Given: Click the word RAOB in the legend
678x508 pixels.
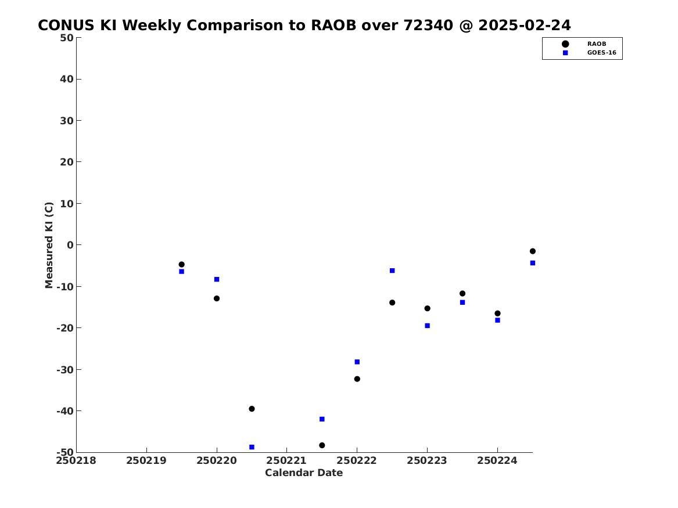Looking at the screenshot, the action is pos(596,44).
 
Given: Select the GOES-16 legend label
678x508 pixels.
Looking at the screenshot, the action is pos(601,53).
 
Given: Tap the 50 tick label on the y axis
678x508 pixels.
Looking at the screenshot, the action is pos(67,38).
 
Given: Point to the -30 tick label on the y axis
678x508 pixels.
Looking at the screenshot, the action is pos(65,369).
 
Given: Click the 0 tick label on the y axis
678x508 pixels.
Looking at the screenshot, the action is pos(70,245).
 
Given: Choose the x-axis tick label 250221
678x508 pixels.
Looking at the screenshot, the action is pos(286,460).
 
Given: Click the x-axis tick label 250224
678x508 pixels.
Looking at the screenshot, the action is pos(497,460).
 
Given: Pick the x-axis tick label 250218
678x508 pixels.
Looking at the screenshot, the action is pos(76,460).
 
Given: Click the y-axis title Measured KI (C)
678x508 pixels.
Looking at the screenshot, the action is pos(49,245).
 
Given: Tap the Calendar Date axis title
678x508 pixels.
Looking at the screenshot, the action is pos(304,473).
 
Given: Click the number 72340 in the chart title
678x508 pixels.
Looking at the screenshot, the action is pos(428,26).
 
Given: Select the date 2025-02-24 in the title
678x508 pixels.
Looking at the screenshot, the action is pos(525,26).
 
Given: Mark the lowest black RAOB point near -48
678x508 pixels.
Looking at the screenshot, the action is pos(322,445).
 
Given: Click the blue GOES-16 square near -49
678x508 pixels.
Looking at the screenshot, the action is pos(252,447).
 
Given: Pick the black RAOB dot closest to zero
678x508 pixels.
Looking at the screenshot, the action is pos(533,251).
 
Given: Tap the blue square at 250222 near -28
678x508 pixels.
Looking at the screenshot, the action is pos(357,362).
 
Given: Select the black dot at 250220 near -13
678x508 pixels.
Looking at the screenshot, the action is pos(217,298).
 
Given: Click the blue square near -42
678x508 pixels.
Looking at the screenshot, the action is pos(322,419).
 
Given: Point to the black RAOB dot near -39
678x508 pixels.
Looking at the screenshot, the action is pos(252,409).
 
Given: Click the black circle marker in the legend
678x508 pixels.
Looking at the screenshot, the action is pos(565,44).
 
